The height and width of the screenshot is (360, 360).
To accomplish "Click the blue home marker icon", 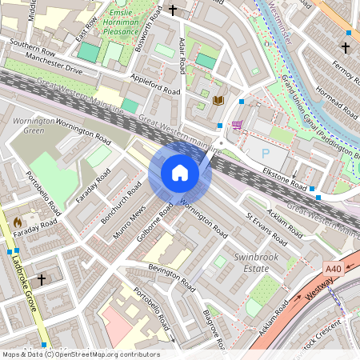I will [180, 173].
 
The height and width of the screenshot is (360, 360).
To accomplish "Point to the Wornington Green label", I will [34, 126].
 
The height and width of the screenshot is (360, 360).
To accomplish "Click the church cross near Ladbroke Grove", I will [41, 279].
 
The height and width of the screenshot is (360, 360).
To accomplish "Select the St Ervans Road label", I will [266, 229].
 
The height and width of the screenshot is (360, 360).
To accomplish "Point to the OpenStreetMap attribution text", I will [80, 354].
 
